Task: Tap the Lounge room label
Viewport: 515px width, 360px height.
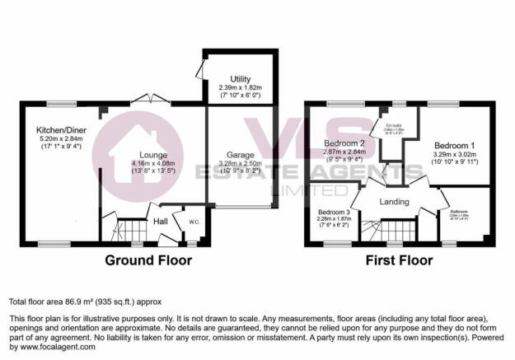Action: tap(153, 154)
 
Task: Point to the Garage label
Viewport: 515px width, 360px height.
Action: tap(240, 154)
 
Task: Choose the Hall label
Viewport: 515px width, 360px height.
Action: tap(161, 221)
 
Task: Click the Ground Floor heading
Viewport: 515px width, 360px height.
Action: tap(148, 261)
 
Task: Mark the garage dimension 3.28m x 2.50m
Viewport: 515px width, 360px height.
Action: tap(240, 164)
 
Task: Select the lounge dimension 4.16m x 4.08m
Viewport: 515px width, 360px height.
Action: tap(153, 164)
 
